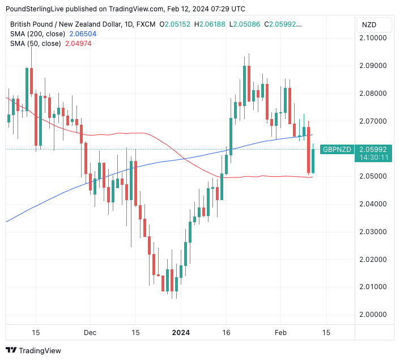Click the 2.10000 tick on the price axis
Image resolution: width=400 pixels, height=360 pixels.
pyautogui.click(x=374, y=38)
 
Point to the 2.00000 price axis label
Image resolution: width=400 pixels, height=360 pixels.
pyautogui.click(x=374, y=315)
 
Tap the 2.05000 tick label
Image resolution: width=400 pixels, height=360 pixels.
pyautogui.click(x=374, y=176)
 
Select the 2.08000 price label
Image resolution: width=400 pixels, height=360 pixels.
pyautogui.click(x=374, y=94)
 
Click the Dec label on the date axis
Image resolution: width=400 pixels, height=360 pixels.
pyautogui.click(x=90, y=333)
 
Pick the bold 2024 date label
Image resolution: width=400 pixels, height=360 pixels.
pyautogui.click(x=181, y=333)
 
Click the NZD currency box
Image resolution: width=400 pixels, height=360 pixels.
pyautogui.click(x=369, y=25)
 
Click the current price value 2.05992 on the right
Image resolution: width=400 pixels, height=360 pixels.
pyautogui.click(x=373, y=149)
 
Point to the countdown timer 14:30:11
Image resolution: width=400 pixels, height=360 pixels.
pyautogui.click(x=373, y=158)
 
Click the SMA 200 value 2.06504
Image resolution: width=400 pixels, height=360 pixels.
pyautogui.click(x=84, y=34)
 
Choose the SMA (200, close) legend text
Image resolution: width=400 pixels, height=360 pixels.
pyautogui.click(x=37, y=34)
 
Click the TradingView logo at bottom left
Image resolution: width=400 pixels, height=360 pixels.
pyautogui.click(x=33, y=350)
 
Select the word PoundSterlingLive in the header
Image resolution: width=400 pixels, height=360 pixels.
pyautogui.click(x=37, y=9)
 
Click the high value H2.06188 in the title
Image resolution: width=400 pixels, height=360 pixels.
pyautogui.click(x=210, y=24)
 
